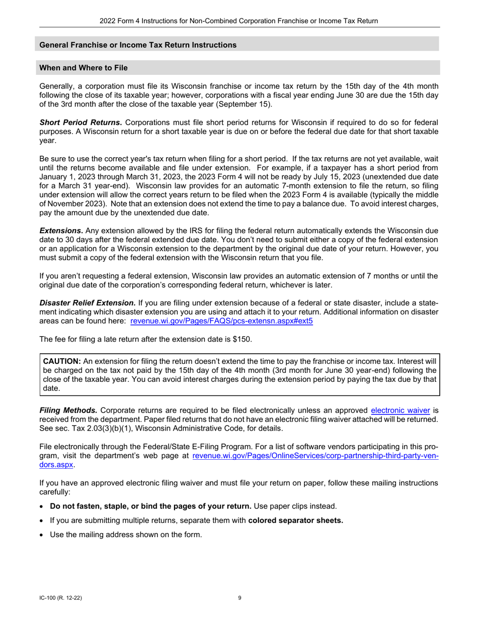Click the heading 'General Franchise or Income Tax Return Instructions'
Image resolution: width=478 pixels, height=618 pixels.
(x=138, y=45)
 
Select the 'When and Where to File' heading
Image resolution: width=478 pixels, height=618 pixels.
(x=84, y=68)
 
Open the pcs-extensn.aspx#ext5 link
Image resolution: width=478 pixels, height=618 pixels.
(x=221, y=321)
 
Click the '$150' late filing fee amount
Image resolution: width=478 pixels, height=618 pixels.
(x=241, y=339)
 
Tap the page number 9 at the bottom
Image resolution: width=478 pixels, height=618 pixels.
(x=240, y=598)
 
